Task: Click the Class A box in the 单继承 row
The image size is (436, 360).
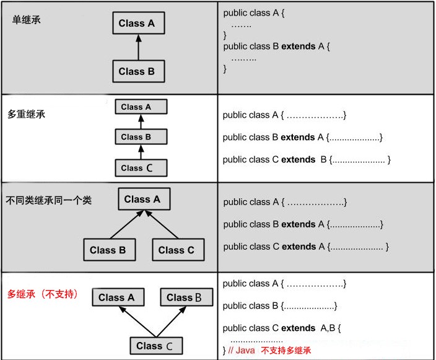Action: [x=139, y=23]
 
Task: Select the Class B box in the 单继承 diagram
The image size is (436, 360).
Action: [x=139, y=71]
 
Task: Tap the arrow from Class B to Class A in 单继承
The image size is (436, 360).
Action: [x=139, y=47]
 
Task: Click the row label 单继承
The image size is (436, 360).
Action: [x=27, y=20]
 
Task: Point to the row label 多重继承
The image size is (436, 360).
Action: [x=26, y=114]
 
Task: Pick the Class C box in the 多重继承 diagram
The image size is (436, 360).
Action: [x=141, y=168]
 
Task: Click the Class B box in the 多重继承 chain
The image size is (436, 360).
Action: [x=141, y=136]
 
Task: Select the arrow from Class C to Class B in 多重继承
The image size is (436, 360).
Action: [x=141, y=152]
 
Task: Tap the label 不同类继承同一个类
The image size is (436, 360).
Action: [x=49, y=200]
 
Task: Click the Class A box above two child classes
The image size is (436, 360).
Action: [x=144, y=199]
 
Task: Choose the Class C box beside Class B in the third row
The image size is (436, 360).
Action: [x=178, y=250]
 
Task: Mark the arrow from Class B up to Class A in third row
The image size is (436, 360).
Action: [x=127, y=224]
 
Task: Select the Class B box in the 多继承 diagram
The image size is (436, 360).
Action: [x=186, y=297]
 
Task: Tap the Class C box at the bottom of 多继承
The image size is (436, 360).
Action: [x=156, y=346]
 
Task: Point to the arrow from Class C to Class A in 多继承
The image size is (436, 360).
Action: [x=137, y=322]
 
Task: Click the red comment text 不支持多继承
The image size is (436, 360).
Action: [x=286, y=350]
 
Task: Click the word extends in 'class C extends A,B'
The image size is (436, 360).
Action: [x=298, y=328]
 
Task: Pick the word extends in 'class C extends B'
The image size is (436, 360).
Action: [x=298, y=159]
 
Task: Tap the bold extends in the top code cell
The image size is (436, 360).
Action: [x=299, y=46]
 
